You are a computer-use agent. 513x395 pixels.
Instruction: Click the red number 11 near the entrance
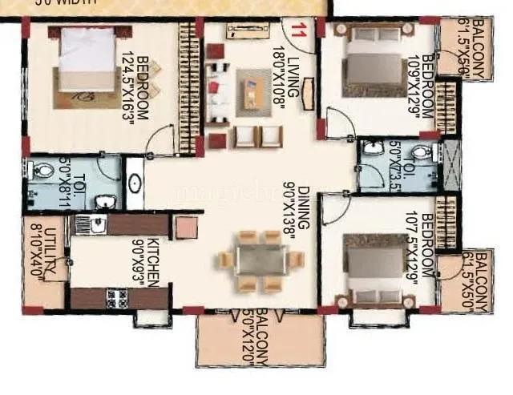tap(298, 31)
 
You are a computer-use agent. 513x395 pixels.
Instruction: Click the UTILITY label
tap(47, 251)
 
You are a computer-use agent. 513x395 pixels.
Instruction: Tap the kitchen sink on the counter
tap(96, 225)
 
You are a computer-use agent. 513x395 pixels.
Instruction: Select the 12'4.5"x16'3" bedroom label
tap(137, 88)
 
